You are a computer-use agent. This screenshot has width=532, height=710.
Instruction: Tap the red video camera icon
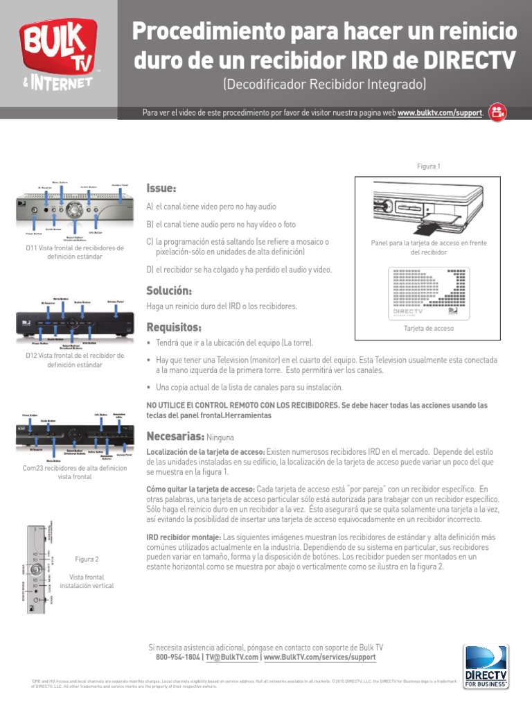[x=497, y=112]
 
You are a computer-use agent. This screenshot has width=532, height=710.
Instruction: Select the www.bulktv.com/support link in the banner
[x=439, y=113]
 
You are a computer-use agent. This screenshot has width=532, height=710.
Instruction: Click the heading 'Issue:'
[x=161, y=189]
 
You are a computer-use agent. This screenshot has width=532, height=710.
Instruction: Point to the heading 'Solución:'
[x=169, y=290]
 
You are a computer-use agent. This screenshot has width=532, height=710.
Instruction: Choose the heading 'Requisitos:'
[x=174, y=327]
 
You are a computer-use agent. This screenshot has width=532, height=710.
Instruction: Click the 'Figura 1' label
[x=429, y=166]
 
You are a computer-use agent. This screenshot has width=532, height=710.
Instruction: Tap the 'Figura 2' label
[x=87, y=559]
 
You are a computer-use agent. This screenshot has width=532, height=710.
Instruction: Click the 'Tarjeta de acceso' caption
[x=429, y=328]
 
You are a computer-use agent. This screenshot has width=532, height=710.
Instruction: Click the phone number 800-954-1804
[x=178, y=657]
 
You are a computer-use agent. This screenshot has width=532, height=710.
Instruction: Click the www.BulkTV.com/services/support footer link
[x=319, y=657]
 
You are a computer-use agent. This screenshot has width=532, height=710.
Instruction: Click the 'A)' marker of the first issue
[x=149, y=207]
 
